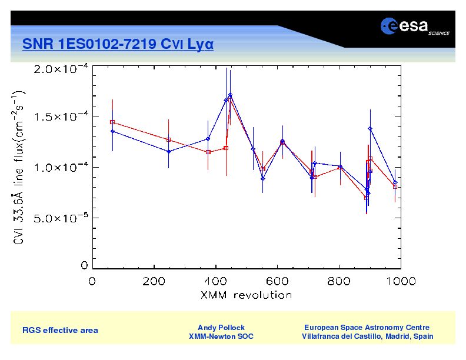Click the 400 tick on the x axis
pos(217,281)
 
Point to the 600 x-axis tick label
pos(278,281)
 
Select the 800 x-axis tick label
pos(339,281)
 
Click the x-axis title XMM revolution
pos(246,294)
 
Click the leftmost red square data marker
pos(112,122)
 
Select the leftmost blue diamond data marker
pos(112,131)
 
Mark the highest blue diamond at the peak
pos(230,95)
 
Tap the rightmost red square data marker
pos(395,186)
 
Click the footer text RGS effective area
pos(60,330)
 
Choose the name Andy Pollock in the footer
pos(221,327)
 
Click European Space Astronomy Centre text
pos(367,327)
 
